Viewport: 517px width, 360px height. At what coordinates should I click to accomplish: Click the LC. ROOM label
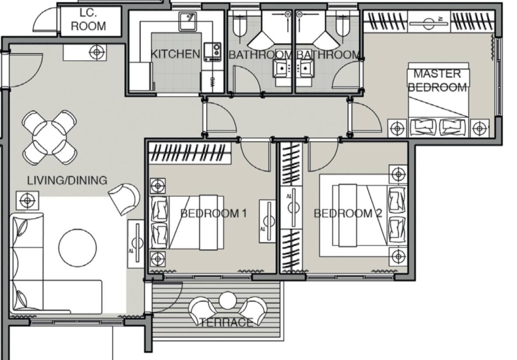pyautogui.click(x=88, y=19)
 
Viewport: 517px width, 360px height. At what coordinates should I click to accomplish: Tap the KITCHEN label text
pyautogui.click(x=175, y=54)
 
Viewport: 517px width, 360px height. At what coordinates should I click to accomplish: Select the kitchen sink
pyautogui.click(x=188, y=21)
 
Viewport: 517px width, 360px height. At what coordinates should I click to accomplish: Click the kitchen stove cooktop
pyautogui.click(x=212, y=52)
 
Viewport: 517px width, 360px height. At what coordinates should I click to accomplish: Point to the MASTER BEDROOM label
pyautogui.click(x=437, y=80)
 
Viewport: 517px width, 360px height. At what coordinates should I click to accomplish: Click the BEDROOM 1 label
pyautogui.click(x=213, y=213)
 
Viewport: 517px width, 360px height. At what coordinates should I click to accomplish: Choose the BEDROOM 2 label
pyautogui.click(x=348, y=213)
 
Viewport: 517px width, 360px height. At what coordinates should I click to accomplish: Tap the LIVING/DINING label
pyautogui.click(x=67, y=180)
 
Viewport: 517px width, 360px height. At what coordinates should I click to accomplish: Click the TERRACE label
pyautogui.click(x=226, y=322)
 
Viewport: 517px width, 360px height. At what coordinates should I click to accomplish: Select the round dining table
pyautogui.click(x=49, y=137)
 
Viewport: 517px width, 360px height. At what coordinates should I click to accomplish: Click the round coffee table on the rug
pyautogui.click(x=78, y=248)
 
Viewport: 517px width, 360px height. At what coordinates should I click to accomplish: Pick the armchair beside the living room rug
pyautogui.click(x=124, y=199)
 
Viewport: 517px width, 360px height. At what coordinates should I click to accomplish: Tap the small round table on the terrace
pyautogui.click(x=227, y=301)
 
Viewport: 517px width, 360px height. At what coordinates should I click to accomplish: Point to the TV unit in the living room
pyautogui.click(x=136, y=244)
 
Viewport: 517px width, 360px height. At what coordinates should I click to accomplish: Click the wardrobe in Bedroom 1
pyautogui.click(x=189, y=153)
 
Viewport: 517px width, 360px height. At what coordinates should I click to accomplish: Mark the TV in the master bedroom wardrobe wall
pyautogui.click(x=429, y=22)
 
